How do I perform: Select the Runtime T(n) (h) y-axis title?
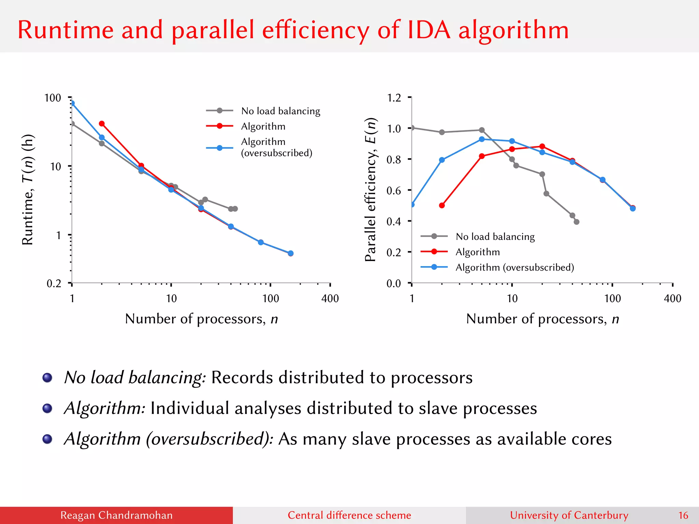pos(28,190)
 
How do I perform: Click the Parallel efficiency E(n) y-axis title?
pos(371,190)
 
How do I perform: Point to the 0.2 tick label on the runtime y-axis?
pos(54,283)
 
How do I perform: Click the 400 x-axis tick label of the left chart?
pos(330,299)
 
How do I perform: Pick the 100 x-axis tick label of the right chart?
pos(612,299)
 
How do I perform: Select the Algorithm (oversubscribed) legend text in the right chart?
pos(515,267)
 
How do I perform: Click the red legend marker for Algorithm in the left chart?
pos(220,126)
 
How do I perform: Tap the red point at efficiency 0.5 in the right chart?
pos(442,205)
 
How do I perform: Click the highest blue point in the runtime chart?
pos(72,103)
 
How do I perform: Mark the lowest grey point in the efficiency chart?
pos(576,222)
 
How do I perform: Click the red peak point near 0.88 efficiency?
pos(542,146)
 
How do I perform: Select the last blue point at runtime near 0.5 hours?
pos(290,253)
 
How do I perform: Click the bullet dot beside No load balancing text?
pos(47,378)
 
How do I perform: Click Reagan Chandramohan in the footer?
pos(116,515)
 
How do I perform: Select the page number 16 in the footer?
pos(683,515)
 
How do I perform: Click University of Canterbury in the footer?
pos(569,515)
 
